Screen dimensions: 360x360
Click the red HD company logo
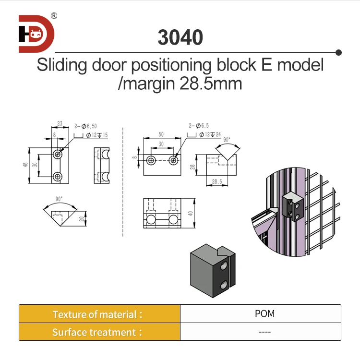click(x=36, y=34)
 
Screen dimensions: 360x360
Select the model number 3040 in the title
click(x=180, y=38)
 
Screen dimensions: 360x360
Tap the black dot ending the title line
click(x=338, y=52)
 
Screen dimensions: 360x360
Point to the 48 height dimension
click(x=25, y=165)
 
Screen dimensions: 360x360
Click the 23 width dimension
click(x=60, y=123)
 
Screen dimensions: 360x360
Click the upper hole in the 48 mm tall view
click(x=58, y=154)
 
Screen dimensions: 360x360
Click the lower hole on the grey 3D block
click(x=223, y=286)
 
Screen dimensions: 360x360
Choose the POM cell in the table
click(x=265, y=314)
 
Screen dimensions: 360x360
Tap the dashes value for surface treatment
click(x=265, y=332)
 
